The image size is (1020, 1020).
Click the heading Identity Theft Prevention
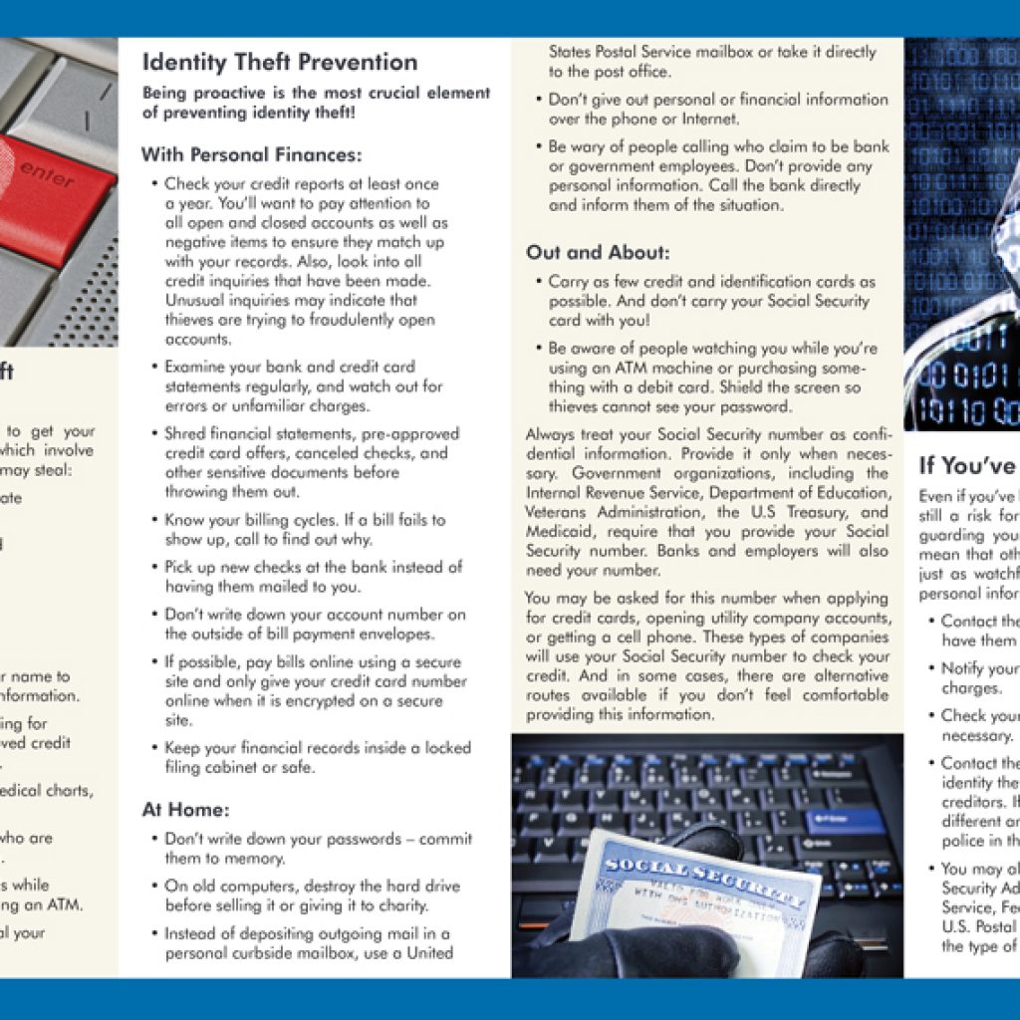(280, 62)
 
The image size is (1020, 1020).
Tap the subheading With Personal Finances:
(251, 154)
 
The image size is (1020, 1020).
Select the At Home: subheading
(185, 810)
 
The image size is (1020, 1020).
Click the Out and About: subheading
(598, 252)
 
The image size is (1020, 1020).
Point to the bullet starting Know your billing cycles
(304, 529)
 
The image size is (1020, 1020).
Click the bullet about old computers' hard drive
(311, 895)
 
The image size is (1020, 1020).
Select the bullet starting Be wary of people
(717, 175)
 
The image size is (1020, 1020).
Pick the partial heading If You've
(966, 464)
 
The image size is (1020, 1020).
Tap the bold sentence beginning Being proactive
(316, 103)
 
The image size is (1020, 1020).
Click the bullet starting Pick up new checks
(313, 576)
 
